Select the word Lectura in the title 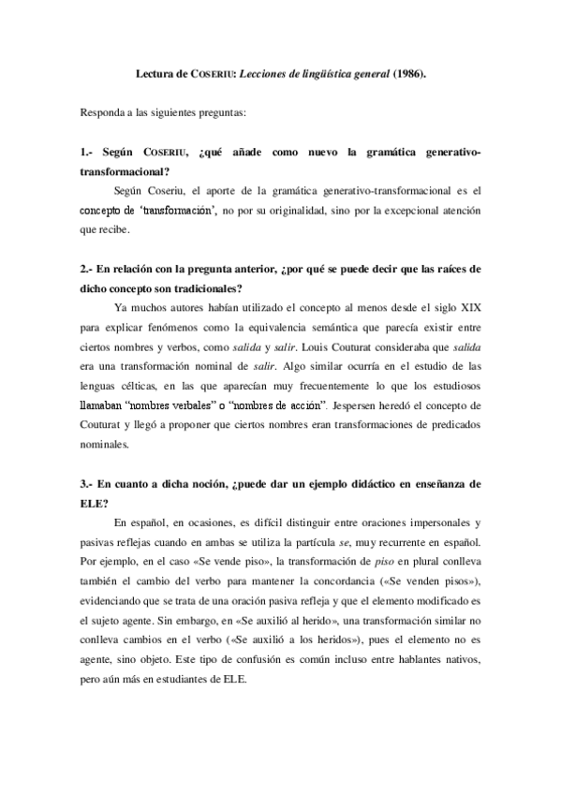155,71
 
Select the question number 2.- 88,269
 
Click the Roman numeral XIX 468,306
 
